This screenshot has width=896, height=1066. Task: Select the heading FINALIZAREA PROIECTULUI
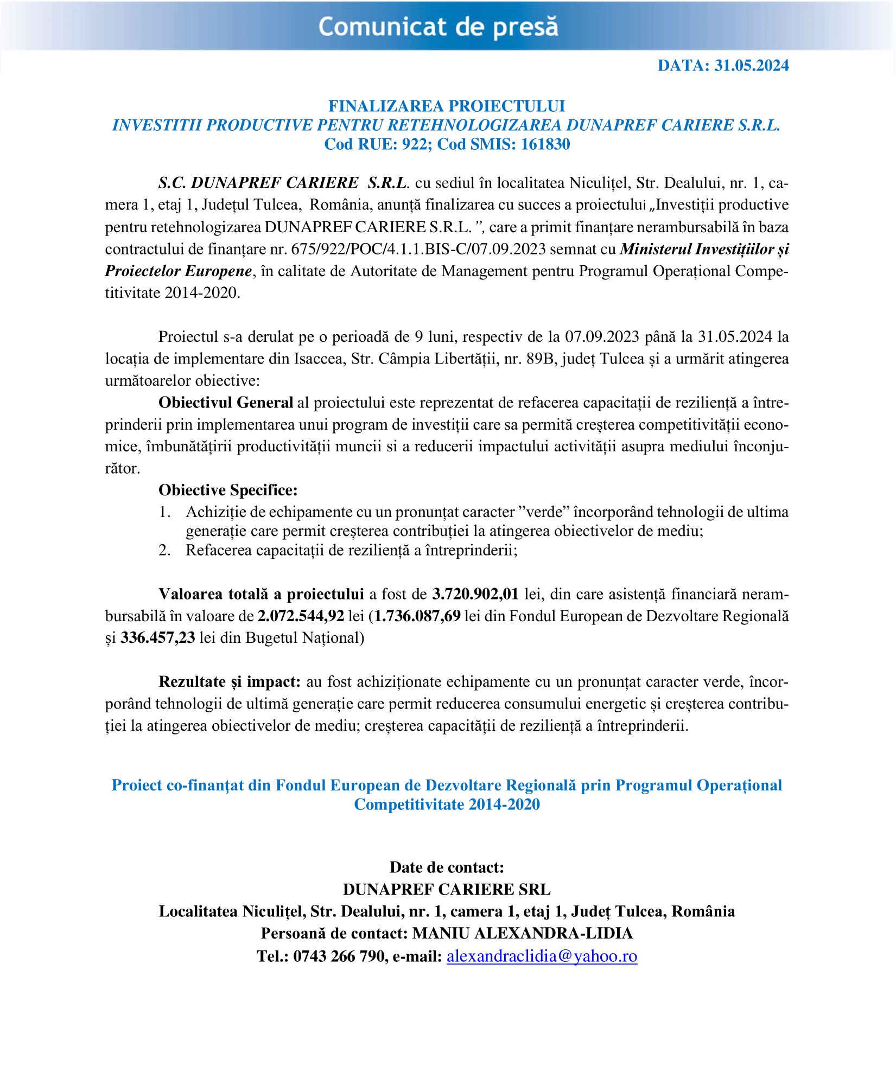coord(447,106)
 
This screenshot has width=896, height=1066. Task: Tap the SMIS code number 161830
coord(545,144)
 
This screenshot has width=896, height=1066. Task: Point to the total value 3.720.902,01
coord(475,594)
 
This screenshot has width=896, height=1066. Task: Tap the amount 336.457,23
coord(157,637)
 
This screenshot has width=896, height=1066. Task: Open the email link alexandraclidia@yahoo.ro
coord(542,956)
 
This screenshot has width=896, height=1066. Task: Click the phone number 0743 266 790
coord(339,956)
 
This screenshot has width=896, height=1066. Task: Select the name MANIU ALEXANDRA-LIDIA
coord(522,933)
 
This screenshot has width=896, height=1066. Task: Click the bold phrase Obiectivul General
coord(226,403)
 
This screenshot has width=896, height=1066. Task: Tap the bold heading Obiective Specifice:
coord(228,490)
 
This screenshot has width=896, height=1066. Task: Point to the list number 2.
coord(164,550)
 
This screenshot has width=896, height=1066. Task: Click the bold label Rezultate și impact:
coord(230,681)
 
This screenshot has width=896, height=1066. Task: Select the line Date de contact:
coord(447,867)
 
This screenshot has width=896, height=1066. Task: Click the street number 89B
coord(543,359)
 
